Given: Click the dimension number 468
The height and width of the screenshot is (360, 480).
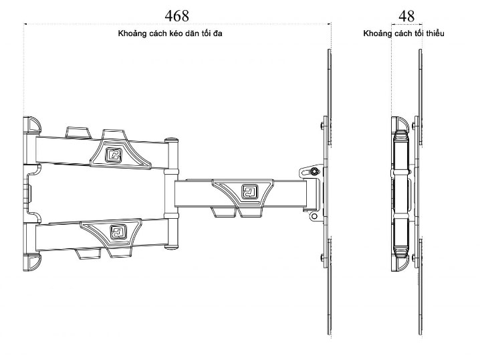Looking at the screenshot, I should coord(176,15).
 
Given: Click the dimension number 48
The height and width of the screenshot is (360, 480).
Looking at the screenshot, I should coord(406,15).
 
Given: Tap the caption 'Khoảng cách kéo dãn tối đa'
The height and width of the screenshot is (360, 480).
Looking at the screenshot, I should coord(175,33).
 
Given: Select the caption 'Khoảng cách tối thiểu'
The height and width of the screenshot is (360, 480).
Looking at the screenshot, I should coord(404,33).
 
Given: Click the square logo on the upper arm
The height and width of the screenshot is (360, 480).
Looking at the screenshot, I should coord(114,154).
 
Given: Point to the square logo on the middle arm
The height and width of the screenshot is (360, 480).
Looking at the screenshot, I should coord(250,193).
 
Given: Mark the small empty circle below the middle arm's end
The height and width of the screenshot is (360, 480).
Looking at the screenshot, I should coord(312,216).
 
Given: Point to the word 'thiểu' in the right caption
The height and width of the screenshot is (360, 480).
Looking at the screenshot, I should coord(433,33).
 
